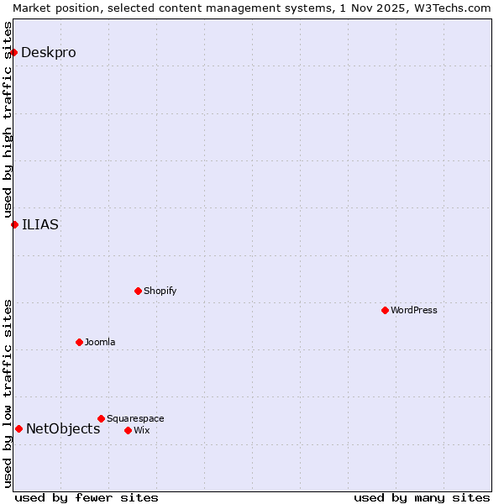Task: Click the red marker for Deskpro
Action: point(13,52)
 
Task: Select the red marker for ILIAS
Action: point(14,224)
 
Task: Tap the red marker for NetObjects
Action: point(18,428)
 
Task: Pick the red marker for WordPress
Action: point(385,310)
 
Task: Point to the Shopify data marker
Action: point(138,291)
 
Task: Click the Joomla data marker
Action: point(79,342)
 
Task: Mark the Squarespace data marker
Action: point(101,418)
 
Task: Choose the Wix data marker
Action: point(128,430)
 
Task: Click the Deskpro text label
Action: point(48,52)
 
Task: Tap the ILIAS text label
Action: point(40,224)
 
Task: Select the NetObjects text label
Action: point(63,428)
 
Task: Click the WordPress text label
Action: point(414,310)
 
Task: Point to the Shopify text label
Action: point(160,291)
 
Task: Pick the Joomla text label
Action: point(100,342)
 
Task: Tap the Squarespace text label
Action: point(135,418)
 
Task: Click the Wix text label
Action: point(141,430)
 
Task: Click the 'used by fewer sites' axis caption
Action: point(87,497)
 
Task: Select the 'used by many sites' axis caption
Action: point(422,497)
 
